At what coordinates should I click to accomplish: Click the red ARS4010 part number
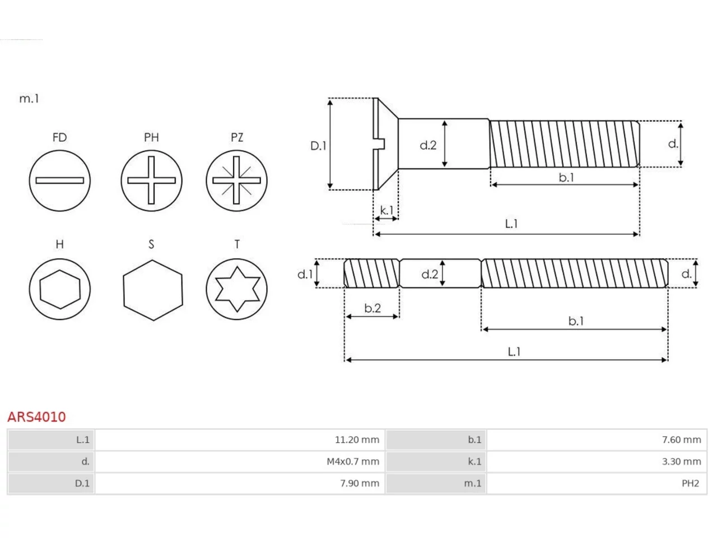pyautogui.click(x=36, y=417)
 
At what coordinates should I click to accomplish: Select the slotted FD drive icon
pyautogui.click(x=60, y=180)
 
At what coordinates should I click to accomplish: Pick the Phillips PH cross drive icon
pyautogui.click(x=151, y=180)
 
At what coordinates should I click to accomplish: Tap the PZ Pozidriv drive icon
pyautogui.click(x=236, y=180)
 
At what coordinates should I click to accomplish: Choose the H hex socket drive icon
pyautogui.click(x=60, y=289)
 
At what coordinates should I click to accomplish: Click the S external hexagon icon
pyautogui.click(x=153, y=290)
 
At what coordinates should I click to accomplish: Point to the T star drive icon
pyautogui.click(x=236, y=289)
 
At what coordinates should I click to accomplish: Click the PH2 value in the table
pyautogui.click(x=690, y=483)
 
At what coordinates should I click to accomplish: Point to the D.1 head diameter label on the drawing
pyautogui.click(x=318, y=146)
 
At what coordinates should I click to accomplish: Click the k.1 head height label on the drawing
pyautogui.click(x=387, y=210)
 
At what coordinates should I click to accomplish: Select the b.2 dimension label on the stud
pyautogui.click(x=373, y=308)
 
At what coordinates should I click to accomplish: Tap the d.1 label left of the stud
pyautogui.click(x=305, y=274)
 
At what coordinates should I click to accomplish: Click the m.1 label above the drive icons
pyautogui.click(x=29, y=98)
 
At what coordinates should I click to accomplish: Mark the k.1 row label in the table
pyautogui.click(x=474, y=462)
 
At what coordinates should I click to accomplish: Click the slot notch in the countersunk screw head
pyautogui.click(x=380, y=144)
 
